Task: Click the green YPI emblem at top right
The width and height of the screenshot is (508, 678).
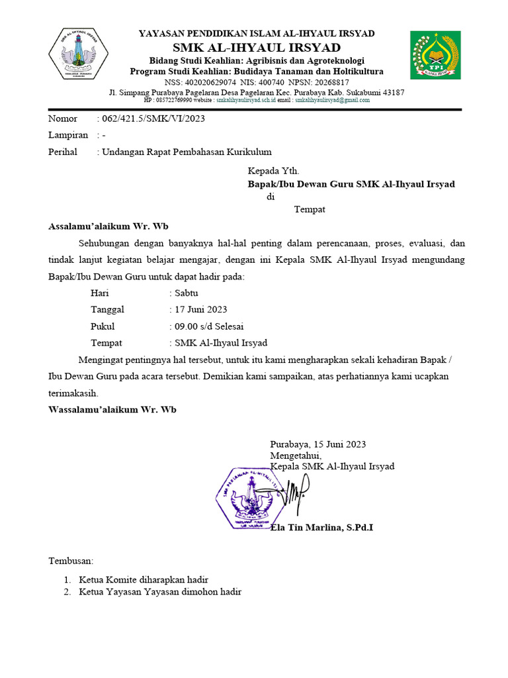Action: [x=433, y=55]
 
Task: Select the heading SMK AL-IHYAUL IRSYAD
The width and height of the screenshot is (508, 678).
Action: [x=257, y=48]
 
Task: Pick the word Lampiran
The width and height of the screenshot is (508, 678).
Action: [x=68, y=135]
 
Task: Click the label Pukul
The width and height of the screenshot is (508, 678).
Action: [x=103, y=326]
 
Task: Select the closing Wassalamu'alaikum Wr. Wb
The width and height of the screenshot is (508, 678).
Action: [x=112, y=409]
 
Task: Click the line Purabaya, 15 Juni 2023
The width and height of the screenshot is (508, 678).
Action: [x=317, y=444]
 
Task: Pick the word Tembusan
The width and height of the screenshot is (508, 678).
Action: [x=71, y=561]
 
